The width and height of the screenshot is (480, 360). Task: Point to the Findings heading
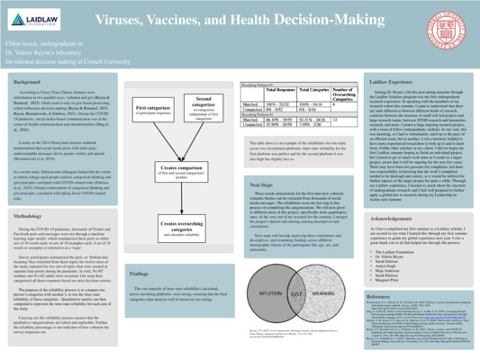[139, 272]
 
